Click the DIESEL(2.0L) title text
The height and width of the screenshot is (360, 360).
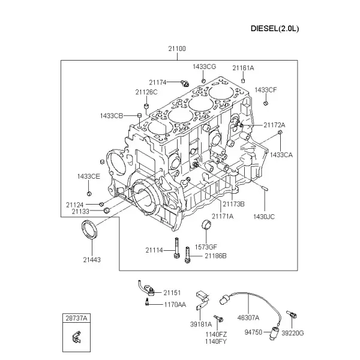click(275, 29)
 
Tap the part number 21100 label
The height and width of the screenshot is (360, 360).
click(177, 49)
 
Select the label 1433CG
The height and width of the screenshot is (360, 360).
click(204, 67)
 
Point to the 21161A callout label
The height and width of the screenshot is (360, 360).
click(243, 68)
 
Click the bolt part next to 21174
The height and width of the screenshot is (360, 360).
click(185, 83)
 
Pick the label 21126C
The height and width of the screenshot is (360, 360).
click(146, 92)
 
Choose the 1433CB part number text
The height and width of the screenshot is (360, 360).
click(112, 116)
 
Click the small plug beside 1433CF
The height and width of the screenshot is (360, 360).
click(266, 103)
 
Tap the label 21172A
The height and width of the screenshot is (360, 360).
click(274, 125)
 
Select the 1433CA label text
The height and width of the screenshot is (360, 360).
click(281, 155)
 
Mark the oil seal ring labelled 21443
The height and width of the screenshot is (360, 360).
click(89, 229)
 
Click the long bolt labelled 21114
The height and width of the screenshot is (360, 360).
click(176, 248)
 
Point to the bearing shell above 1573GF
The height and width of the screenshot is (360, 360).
click(206, 224)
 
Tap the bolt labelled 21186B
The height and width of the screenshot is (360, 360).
click(187, 255)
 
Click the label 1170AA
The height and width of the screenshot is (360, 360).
click(175, 305)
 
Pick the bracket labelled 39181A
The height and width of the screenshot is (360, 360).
click(202, 301)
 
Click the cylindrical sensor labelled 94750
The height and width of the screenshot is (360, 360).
click(274, 332)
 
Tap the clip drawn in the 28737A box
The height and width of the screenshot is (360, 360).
click(77, 337)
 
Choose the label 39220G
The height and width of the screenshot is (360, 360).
click(293, 333)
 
